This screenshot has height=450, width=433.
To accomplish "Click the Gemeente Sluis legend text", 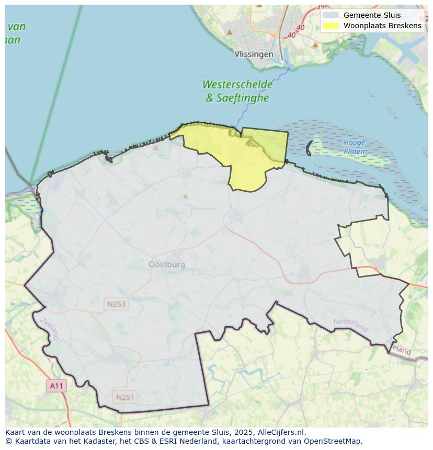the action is [372, 15].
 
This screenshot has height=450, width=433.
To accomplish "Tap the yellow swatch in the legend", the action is [331, 26].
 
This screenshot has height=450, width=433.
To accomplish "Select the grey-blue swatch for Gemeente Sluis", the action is [331, 15].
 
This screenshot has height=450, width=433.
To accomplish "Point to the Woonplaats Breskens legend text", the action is [382, 26].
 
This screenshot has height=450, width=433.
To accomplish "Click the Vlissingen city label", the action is [254, 54].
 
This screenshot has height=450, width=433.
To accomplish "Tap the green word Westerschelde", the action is [237, 85].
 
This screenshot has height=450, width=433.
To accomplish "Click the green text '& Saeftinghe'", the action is [237, 98].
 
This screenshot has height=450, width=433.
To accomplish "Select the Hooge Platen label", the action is [354, 147].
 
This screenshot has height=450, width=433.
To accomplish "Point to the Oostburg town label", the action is [167, 264].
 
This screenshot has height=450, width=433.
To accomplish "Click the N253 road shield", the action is [116, 304].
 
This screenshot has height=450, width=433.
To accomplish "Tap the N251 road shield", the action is [125, 397].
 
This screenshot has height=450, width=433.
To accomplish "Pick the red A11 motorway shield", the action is [56, 386].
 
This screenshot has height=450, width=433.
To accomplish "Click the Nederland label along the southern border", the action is [351, 325].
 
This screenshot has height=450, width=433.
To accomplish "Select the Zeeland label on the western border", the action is [49, 329].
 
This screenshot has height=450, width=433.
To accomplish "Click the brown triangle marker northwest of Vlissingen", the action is [229, 32].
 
